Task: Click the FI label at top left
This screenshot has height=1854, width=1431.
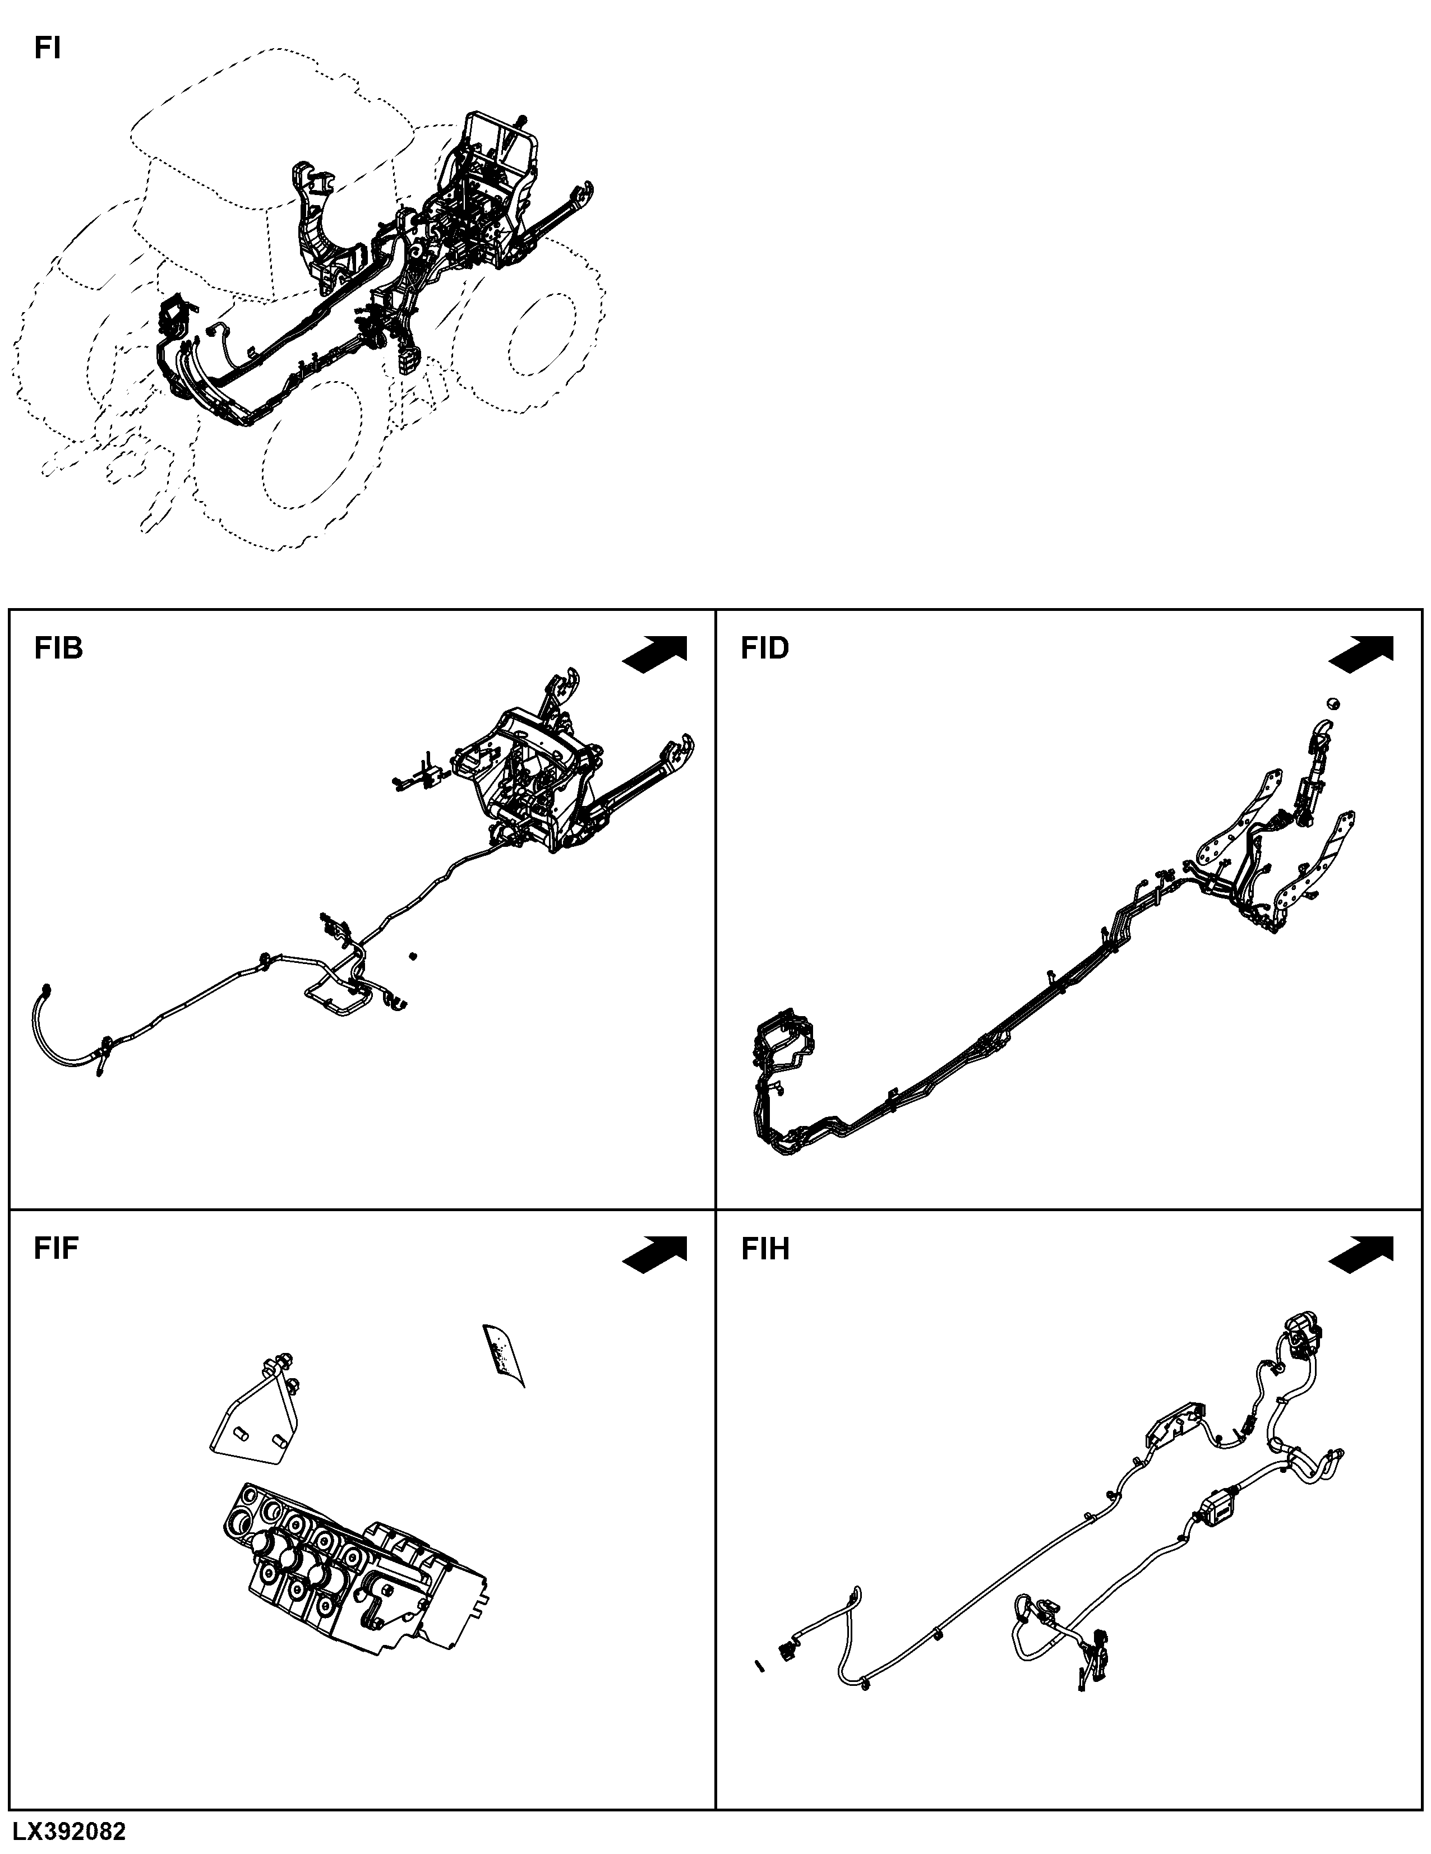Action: [48, 48]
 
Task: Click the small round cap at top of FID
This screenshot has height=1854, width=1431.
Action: [1332, 702]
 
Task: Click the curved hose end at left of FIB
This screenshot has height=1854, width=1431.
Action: [64, 1031]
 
